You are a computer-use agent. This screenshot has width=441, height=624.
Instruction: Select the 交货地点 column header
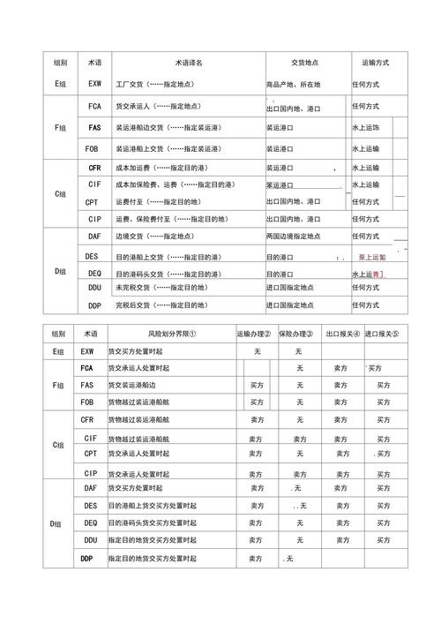click(305, 64)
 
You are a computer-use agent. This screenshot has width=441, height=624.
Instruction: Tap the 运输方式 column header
click(375, 64)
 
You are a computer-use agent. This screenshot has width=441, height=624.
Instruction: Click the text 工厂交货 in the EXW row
click(131, 85)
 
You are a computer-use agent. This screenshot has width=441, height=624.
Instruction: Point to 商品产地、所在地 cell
click(294, 85)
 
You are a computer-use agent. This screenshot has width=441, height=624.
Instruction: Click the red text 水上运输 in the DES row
click(373, 257)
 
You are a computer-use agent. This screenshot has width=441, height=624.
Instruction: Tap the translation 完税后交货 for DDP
click(132, 305)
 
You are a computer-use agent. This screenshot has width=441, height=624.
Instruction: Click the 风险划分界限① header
click(171, 335)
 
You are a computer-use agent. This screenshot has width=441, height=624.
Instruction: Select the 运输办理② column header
click(254, 335)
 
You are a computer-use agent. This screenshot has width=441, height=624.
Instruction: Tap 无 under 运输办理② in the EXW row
click(257, 351)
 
